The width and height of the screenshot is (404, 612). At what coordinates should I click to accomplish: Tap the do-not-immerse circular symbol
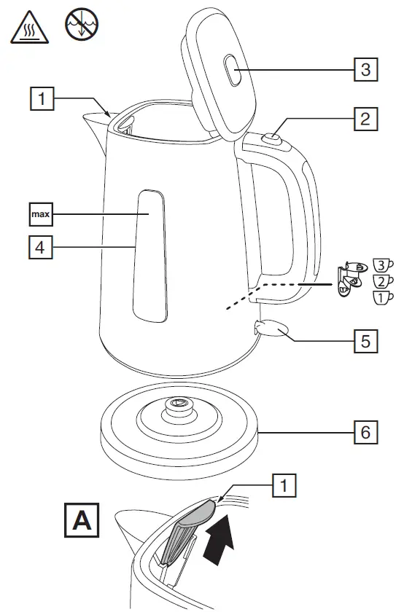pos(79,24)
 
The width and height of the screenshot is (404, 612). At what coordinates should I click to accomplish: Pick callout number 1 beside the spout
pos(45,98)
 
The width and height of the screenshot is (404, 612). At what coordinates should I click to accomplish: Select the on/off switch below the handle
pos(270,329)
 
